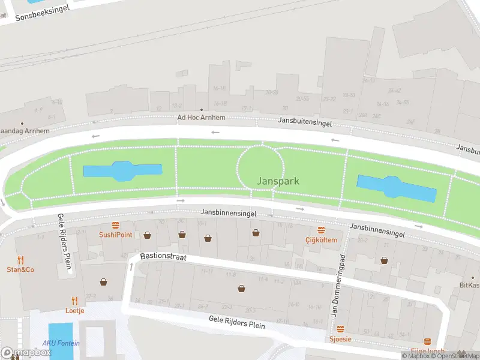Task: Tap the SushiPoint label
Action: tap(115, 235)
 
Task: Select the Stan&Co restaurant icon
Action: tap(20, 260)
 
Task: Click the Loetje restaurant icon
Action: tap(75, 301)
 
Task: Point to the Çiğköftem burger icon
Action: tap(321, 230)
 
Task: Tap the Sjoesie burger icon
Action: tap(341, 329)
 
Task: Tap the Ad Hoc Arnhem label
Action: tap(201, 118)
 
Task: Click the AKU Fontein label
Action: tap(60, 344)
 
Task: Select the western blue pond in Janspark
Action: tap(122, 171)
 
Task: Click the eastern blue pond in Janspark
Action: tap(396, 188)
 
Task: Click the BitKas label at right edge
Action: tap(469, 286)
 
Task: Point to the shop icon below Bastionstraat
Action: tap(242, 289)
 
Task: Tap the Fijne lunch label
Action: tap(427, 351)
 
